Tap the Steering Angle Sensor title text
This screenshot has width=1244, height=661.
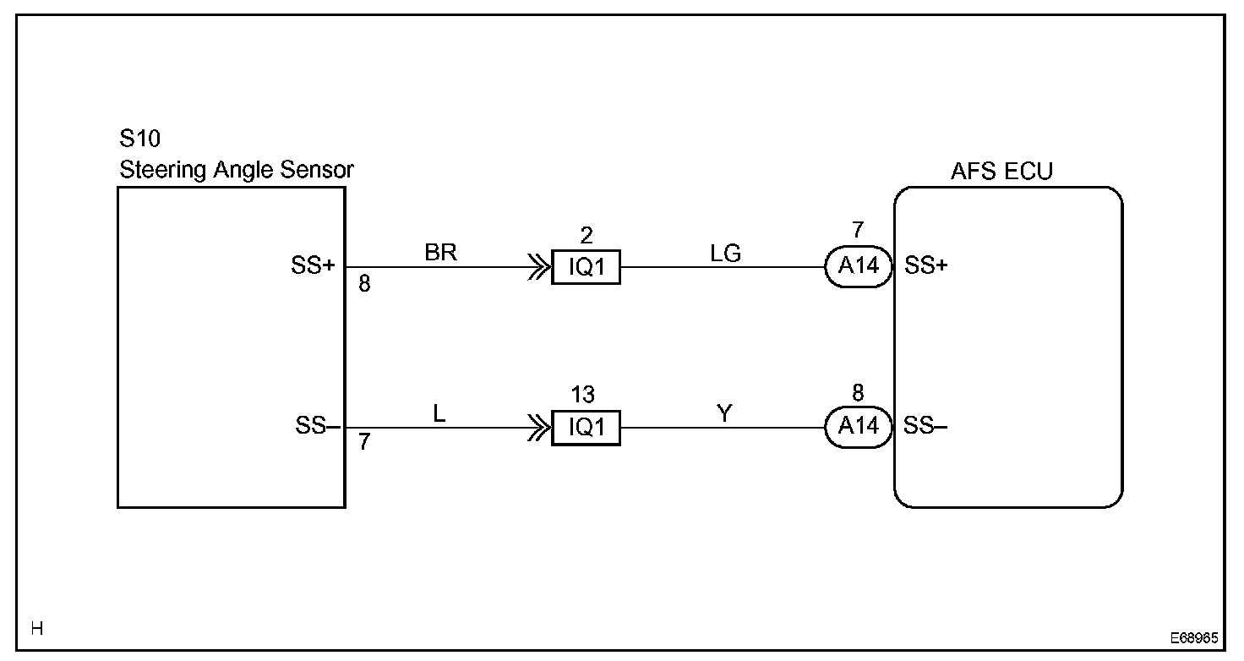click(237, 170)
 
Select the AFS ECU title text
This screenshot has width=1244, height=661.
click(1001, 171)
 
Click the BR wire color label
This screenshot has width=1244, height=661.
click(441, 253)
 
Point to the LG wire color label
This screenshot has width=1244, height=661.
click(726, 253)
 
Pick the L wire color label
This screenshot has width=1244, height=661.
click(439, 413)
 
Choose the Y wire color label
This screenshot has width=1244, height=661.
click(723, 413)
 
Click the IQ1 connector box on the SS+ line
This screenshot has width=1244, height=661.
click(586, 268)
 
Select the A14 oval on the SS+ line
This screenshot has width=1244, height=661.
click(859, 267)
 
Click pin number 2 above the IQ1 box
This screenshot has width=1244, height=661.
click(586, 235)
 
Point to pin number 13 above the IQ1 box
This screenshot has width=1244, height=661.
click(583, 395)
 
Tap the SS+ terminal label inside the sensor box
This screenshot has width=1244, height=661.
click(314, 267)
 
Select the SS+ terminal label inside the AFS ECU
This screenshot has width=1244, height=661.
click(926, 266)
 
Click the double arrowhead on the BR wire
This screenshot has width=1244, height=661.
click(536, 268)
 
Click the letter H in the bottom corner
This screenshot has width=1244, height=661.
click(37, 628)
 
